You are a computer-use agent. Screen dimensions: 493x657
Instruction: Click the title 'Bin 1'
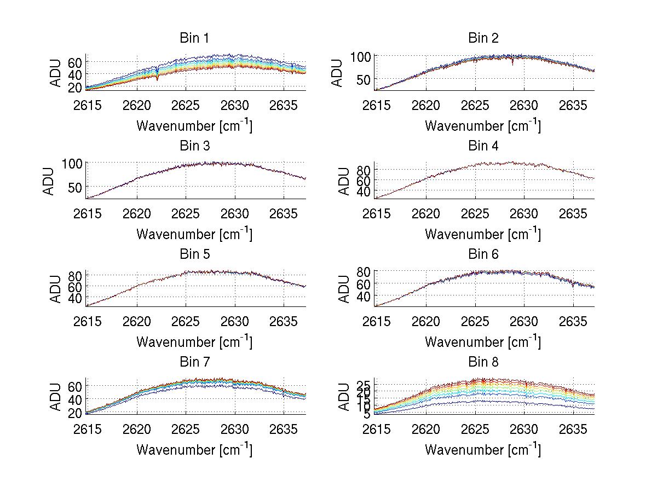(194, 38)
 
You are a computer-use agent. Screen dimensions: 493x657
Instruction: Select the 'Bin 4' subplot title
(483, 146)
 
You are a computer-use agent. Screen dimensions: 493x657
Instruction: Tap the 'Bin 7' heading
(194, 362)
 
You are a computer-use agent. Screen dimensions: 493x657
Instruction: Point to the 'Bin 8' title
(483, 362)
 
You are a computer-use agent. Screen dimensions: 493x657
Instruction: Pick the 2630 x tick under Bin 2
(524, 106)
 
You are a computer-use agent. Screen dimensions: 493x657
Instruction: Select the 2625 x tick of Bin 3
(186, 213)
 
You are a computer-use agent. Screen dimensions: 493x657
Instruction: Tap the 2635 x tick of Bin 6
(573, 321)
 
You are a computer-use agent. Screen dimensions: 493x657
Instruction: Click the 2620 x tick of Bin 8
(425, 430)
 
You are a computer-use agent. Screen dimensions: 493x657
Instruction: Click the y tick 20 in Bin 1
(75, 88)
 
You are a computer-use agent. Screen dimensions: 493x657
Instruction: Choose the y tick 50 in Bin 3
(75, 187)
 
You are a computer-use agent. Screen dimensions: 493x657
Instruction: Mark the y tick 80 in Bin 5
(75, 275)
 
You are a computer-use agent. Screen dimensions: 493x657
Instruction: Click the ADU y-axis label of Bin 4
(344, 181)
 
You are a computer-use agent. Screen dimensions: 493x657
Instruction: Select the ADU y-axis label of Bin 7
(56, 397)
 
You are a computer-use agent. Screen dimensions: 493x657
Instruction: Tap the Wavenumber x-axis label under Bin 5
(194, 343)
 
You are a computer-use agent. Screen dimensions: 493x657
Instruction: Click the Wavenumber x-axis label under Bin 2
(483, 126)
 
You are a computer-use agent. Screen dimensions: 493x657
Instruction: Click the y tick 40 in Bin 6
(364, 296)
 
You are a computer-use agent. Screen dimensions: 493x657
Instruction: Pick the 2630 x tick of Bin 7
(235, 430)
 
